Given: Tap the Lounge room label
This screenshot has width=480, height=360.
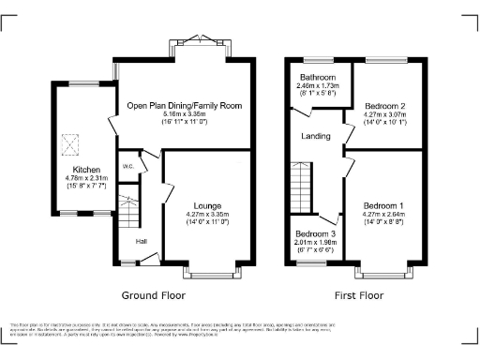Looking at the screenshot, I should pyautogui.click(x=207, y=205).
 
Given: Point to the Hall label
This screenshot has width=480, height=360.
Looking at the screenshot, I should pyautogui.click(x=141, y=241).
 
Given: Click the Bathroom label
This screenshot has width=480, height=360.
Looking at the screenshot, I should pyautogui.click(x=318, y=78).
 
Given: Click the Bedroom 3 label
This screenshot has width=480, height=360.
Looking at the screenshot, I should pyautogui.click(x=313, y=233).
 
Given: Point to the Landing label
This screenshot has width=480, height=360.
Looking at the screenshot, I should pyautogui.click(x=315, y=137).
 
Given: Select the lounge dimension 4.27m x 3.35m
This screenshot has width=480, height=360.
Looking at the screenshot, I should pyautogui.click(x=207, y=216).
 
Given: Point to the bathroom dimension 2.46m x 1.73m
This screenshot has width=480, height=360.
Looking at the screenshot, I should pyautogui.click(x=318, y=87).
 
